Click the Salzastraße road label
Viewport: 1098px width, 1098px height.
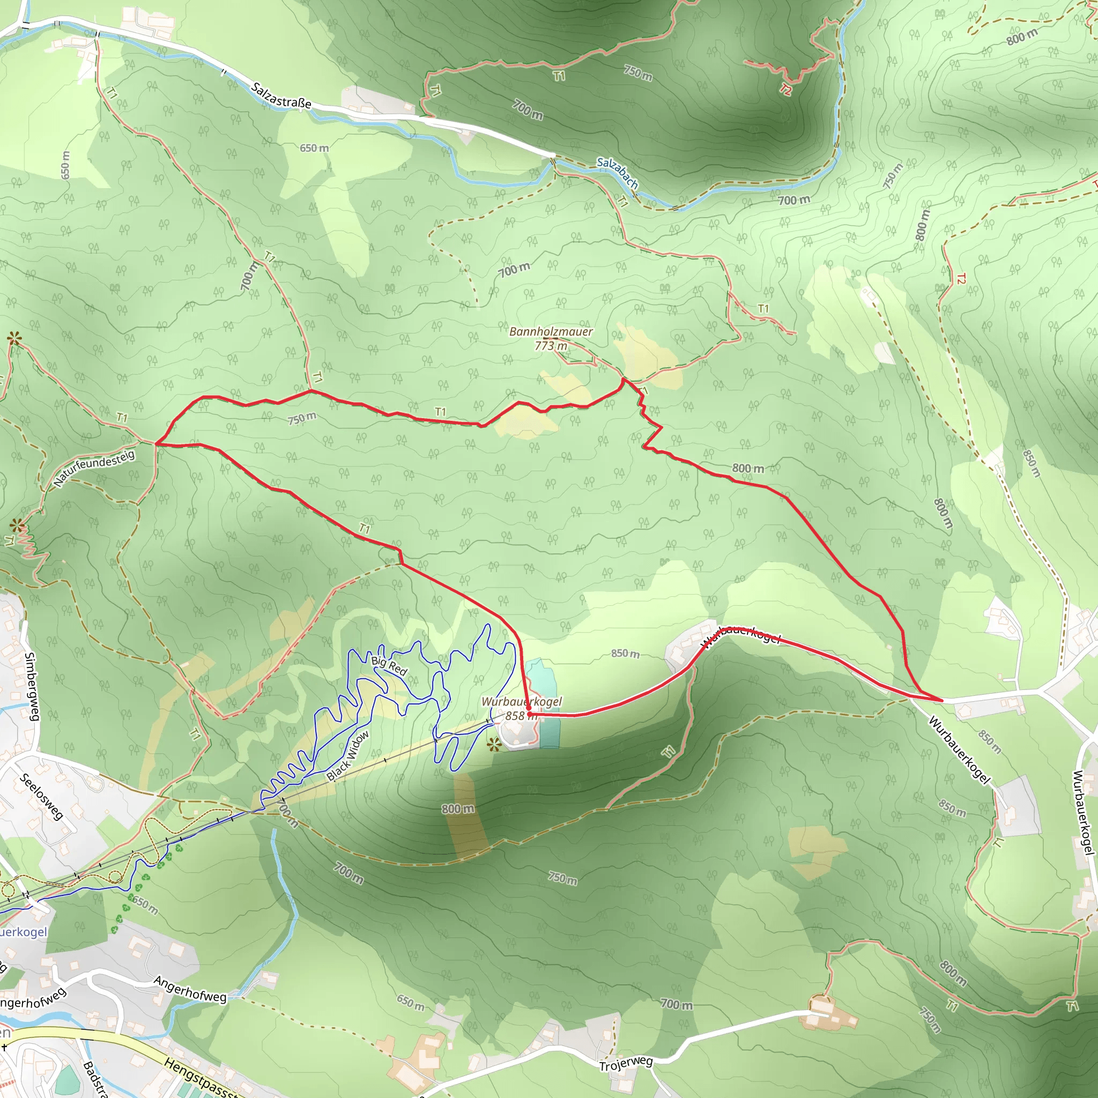[281, 95]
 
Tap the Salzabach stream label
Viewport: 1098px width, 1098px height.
[617, 172]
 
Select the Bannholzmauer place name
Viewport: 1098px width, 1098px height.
[551, 331]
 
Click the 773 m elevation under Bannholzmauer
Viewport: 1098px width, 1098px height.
[551, 346]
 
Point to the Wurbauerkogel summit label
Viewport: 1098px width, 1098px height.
[521, 701]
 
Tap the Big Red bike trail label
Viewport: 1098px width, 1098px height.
[389, 665]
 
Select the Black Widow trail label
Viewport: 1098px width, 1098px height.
[348, 755]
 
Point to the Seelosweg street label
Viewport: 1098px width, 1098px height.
[41, 796]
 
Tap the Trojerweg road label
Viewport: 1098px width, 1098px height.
[626, 1063]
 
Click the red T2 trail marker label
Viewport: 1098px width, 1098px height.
[785, 89]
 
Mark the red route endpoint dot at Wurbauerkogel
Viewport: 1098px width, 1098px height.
[529, 714]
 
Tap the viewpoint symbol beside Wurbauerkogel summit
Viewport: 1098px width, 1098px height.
[494, 744]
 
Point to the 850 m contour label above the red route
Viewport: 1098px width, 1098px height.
[625, 654]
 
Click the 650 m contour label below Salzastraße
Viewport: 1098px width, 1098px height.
[314, 149]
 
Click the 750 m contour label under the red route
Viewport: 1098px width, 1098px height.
[301, 419]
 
